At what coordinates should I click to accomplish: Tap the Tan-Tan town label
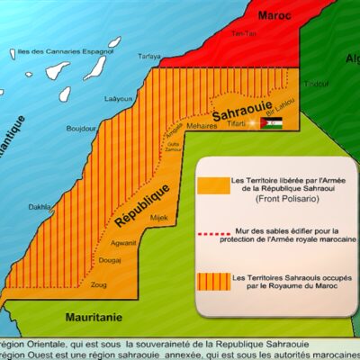pos(238,33)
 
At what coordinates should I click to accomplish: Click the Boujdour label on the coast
pos(82,129)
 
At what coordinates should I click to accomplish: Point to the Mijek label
pos(133,217)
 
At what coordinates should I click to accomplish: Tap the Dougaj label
pos(109,261)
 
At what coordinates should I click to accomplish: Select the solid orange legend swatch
pos(216,186)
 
